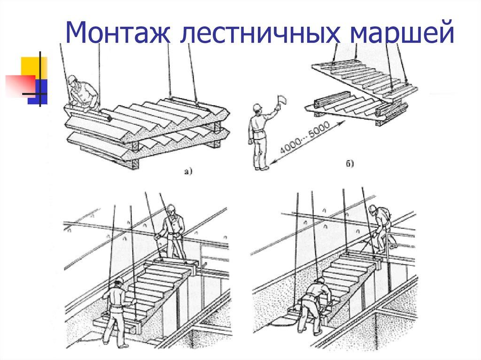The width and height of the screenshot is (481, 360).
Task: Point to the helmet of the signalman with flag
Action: click(x=257, y=108)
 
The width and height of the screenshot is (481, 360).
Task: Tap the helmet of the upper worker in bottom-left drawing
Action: click(x=171, y=207)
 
